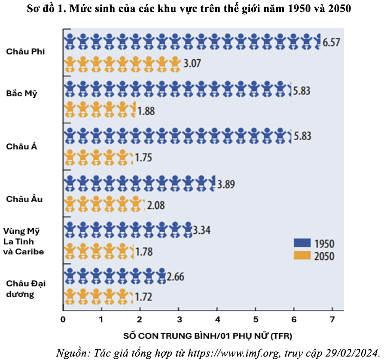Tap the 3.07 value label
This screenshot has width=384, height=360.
coord(192,64)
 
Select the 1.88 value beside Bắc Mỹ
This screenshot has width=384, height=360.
coord(146,111)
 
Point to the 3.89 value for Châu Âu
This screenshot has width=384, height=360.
coord(226,184)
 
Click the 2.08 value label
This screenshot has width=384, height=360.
coord(155,205)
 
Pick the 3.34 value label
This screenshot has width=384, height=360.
coord(201,230)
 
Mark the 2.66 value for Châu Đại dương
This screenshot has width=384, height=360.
coord(175,277)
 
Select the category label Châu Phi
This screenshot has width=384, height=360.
coord(25,52)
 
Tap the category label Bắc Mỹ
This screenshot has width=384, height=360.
coord(22,93)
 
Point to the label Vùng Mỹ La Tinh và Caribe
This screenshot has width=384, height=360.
coord(24,241)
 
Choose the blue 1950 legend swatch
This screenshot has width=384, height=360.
coord(302,244)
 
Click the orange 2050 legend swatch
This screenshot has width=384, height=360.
coord(302,256)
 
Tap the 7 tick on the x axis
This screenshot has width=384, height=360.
coord(332,320)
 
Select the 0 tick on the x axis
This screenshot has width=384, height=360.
coord(63,320)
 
